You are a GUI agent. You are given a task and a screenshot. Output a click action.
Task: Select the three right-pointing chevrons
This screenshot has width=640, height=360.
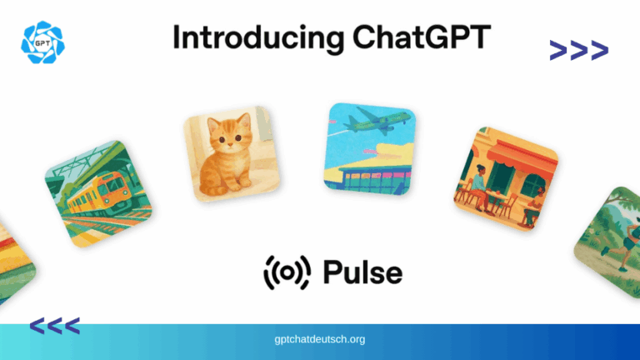pyautogui.click(x=578, y=52)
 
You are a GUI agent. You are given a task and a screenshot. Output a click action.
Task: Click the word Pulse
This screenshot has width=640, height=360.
pyautogui.click(x=362, y=272)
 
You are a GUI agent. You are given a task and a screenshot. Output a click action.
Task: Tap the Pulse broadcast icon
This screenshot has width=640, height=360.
pyautogui.click(x=287, y=272)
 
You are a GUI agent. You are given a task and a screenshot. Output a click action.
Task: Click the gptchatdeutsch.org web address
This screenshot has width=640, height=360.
pyautogui.click(x=320, y=340)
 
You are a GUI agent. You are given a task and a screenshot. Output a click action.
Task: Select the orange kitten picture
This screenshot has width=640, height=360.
pyautogui.click(x=230, y=158)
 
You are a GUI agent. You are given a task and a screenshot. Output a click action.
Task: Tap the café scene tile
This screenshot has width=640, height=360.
pyautogui.click(x=504, y=178)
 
